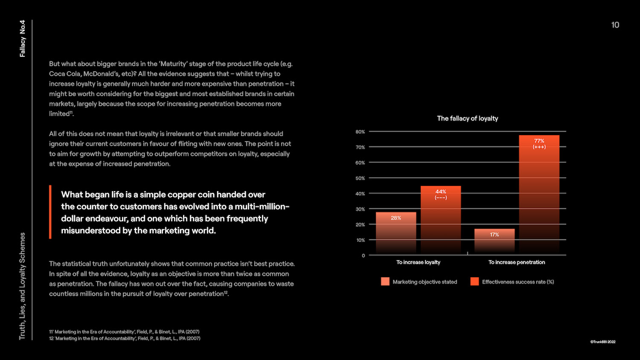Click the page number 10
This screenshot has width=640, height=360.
click(x=615, y=25)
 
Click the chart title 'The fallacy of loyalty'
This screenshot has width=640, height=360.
click(x=467, y=119)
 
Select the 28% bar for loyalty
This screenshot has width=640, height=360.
click(x=396, y=233)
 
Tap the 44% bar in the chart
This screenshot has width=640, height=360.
click(x=441, y=220)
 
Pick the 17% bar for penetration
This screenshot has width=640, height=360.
click(x=495, y=241)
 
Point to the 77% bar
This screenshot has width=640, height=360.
click(x=539, y=195)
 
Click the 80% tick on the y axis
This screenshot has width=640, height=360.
click(x=360, y=132)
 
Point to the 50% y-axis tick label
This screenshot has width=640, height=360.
click(x=360, y=178)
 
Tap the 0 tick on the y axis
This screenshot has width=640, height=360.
click(x=363, y=255)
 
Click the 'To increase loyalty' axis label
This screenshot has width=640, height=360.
click(x=418, y=262)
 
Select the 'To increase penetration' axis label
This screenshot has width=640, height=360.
click(x=517, y=262)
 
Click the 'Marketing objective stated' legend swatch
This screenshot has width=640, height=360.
click(x=385, y=282)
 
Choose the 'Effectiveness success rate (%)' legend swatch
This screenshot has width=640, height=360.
click(x=474, y=282)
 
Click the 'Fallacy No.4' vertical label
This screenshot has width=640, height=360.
click(x=23, y=38)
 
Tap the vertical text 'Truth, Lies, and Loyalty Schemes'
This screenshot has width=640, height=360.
click(x=22, y=286)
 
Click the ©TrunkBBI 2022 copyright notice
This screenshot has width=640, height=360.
click(x=602, y=342)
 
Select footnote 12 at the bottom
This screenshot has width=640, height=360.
click(x=125, y=339)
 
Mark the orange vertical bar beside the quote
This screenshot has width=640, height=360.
click(x=50, y=212)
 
